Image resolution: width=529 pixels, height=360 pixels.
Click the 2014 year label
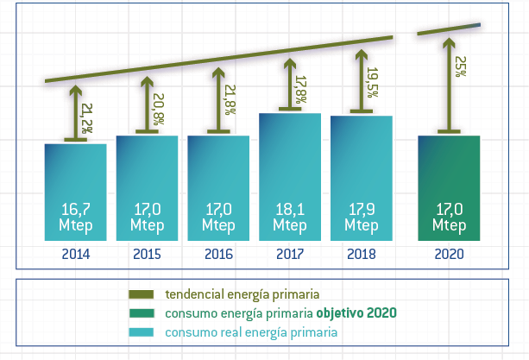point(76,255)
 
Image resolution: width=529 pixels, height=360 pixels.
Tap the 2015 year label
point(148,255)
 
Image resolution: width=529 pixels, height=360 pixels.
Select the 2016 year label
point(219,255)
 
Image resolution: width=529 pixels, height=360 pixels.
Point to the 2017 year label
point(290,255)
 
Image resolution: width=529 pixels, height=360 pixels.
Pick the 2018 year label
point(362,255)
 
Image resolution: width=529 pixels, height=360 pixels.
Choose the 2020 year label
point(449,255)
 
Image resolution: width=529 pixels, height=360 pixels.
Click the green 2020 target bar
point(449,173)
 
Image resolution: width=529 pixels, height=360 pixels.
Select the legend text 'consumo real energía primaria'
point(251,332)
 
